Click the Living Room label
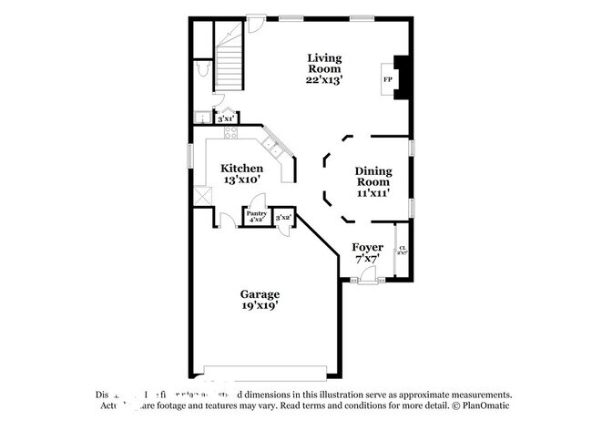[323, 63]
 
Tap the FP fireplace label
[387, 80]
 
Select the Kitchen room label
[242, 169]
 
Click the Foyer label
[367, 247]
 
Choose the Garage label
[260, 294]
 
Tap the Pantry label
[255, 213]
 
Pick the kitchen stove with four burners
[230, 132]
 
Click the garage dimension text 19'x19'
[260, 306]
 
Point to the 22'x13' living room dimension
[323, 79]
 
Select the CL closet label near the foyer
[402, 250]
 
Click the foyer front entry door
[367, 278]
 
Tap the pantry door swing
[259, 202]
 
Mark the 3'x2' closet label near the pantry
[283, 217]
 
